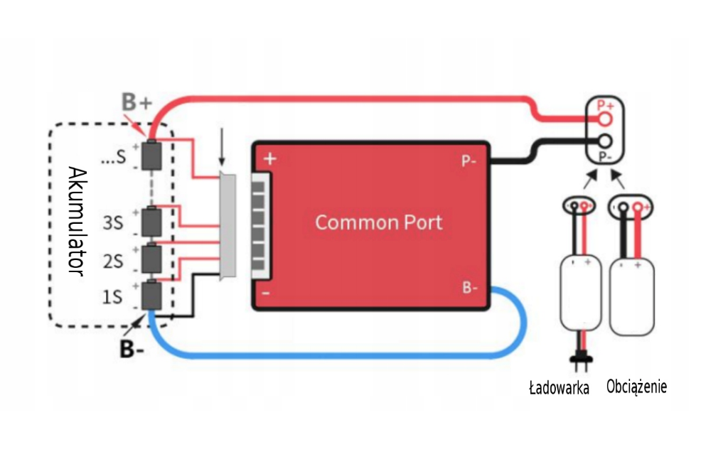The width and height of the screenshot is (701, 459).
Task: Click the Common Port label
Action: pyautogui.click(x=378, y=222)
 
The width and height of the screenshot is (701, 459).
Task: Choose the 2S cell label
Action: pyautogui.click(x=112, y=261)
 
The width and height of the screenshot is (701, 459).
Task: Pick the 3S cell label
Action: pyautogui.click(x=112, y=223)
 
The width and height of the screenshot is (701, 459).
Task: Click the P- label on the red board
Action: pyautogui.click(x=469, y=161)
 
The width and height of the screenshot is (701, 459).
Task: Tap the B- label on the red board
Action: pyautogui.click(x=469, y=287)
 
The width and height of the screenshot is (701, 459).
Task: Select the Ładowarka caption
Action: pyautogui.click(x=558, y=389)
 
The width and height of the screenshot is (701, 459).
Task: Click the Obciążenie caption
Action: pyautogui.click(x=636, y=387)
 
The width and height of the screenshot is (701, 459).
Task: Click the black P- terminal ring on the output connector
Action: pyautogui.click(x=605, y=141)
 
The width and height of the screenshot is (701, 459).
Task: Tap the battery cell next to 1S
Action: pyautogui.click(x=151, y=295)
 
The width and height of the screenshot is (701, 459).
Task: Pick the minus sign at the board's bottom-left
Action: pyautogui.click(x=264, y=292)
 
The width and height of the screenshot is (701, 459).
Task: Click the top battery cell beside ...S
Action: pyautogui.click(x=151, y=155)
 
